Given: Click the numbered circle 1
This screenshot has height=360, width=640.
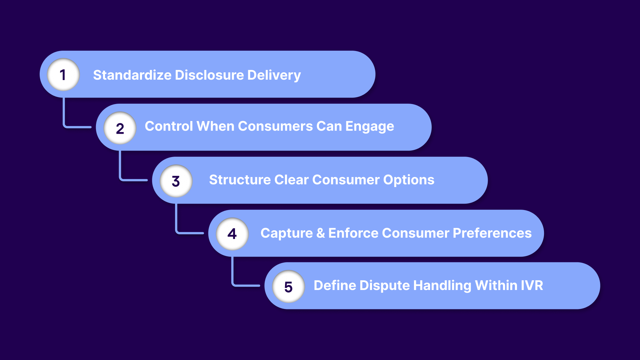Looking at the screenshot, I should point(63,75).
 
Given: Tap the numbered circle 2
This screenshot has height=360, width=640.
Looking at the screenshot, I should point(120,128).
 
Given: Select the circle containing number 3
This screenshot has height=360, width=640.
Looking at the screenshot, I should point(176,181).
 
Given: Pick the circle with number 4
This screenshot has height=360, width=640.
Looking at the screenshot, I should point(232,234).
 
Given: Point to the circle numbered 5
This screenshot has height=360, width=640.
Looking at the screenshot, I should point(288,287).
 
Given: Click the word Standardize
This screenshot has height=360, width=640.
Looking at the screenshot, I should point(132,75).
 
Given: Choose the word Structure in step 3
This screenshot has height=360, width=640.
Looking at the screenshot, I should point(240,180).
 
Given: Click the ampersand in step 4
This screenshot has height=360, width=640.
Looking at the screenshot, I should point(321,233).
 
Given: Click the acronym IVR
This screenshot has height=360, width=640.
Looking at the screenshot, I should point(532,285).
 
